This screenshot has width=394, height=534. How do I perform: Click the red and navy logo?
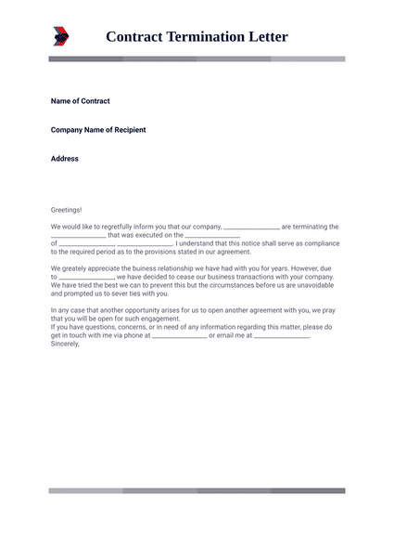(61, 36)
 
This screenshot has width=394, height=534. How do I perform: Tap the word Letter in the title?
(266, 37)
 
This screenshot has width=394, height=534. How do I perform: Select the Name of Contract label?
(80, 101)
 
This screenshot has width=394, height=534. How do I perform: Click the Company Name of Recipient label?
(97, 130)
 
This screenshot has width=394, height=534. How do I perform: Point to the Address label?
(65, 159)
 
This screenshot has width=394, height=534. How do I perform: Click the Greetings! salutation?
(66, 210)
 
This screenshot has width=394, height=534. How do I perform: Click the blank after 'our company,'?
(251, 227)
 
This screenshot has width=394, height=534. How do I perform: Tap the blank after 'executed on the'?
(212, 235)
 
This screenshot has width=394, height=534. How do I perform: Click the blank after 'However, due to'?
(86, 277)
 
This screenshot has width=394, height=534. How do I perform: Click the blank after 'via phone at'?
(179, 335)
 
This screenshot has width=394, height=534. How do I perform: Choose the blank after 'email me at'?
(281, 335)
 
